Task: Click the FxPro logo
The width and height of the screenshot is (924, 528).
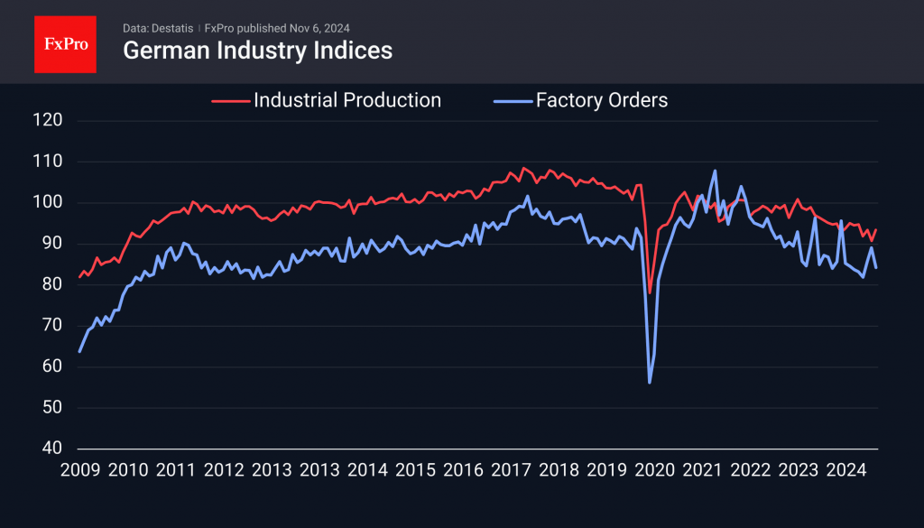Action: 65,42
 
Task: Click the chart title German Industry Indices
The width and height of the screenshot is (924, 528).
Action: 257,51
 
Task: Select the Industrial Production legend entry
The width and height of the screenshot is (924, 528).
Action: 347,100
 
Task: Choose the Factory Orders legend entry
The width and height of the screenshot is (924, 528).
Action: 602,100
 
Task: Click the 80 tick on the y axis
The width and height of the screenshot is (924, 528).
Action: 50,284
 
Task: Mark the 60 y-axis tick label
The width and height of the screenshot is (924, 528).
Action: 50,366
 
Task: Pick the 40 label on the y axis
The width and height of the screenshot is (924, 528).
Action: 50,449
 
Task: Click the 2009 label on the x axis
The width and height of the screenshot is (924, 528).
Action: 79,470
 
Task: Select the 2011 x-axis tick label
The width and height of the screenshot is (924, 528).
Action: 176,470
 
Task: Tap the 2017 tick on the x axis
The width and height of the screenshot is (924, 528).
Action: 512,470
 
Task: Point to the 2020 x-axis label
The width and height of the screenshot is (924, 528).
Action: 655,470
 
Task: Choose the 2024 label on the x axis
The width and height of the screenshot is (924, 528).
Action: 847,470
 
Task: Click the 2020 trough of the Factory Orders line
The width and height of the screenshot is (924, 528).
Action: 650,383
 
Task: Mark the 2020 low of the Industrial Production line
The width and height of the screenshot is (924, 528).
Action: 650,292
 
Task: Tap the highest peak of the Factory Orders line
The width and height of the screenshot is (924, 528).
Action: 715,171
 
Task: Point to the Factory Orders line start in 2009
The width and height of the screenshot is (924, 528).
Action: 79,351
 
